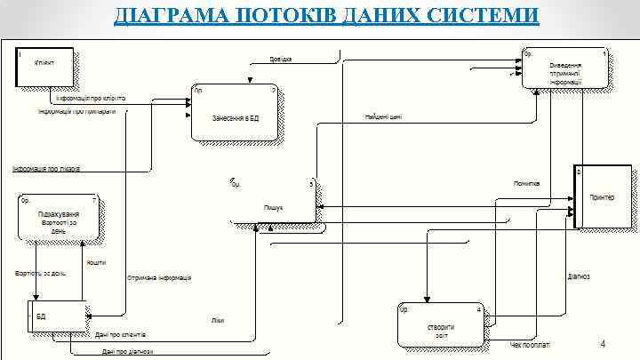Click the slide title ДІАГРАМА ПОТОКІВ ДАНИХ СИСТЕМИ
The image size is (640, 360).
(326, 16)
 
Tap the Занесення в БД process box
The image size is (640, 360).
(236, 113)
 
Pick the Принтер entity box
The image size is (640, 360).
(604, 197)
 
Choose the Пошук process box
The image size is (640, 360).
(273, 201)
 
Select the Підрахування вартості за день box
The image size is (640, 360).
(57, 217)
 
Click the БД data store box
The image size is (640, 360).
(60, 316)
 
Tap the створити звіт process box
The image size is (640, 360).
(440, 326)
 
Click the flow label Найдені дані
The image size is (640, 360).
(383, 116)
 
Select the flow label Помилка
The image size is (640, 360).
(526, 184)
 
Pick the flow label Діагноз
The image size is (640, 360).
(579, 276)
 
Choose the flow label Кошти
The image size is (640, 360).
(96, 263)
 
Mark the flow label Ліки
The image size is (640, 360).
(218, 319)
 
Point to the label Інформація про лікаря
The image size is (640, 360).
(46, 168)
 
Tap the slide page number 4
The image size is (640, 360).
(603, 344)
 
